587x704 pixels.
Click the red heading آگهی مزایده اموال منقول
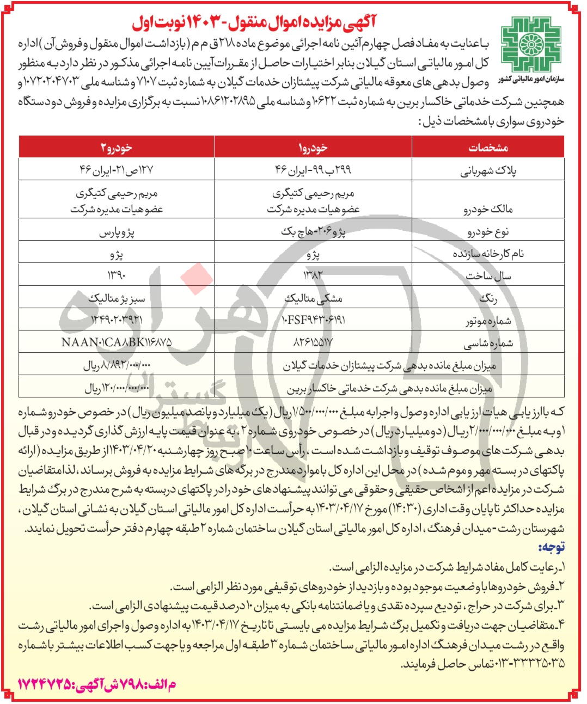255,23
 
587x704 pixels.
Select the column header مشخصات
488,148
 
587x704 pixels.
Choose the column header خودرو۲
117,148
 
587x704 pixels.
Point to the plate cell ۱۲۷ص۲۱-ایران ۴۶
117,170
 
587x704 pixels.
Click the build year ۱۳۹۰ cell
117,275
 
